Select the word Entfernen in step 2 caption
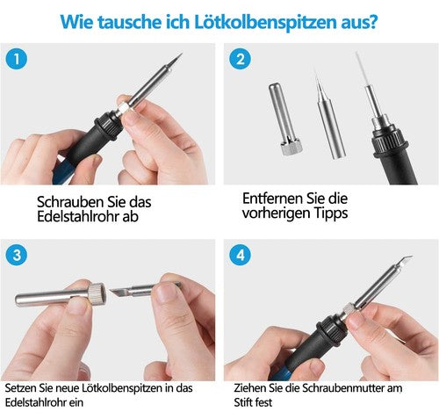(x=274, y=199)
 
